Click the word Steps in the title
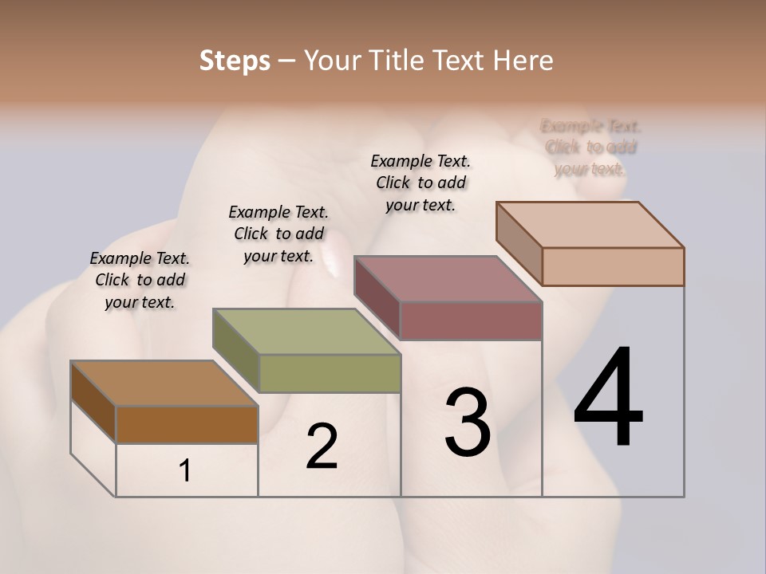click(x=235, y=61)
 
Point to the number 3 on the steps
click(x=468, y=423)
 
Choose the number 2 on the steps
click(x=322, y=446)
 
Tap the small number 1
click(x=185, y=471)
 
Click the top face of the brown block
click(x=164, y=383)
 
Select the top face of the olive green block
click(x=306, y=332)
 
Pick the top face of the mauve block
click(x=447, y=279)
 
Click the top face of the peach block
click(x=589, y=225)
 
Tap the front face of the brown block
click(x=187, y=424)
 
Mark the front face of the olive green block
click(x=330, y=373)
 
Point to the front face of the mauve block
click(x=471, y=320)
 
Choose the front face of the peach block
click(x=613, y=266)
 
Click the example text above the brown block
click(x=140, y=280)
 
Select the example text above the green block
click(x=278, y=234)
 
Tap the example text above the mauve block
click(x=421, y=183)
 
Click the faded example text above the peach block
click(x=590, y=147)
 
